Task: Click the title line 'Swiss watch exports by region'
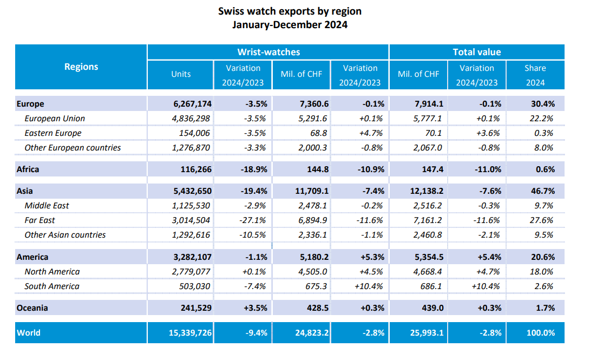point(290,11)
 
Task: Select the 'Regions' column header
point(81,67)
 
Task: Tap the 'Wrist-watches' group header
point(268,52)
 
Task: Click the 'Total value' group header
point(476,52)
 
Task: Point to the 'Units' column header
point(181,74)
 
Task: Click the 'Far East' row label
point(40,220)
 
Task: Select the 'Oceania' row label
point(32,308)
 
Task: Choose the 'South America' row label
point(52,286)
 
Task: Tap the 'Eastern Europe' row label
point(53,133)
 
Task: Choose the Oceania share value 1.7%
point(543,308)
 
